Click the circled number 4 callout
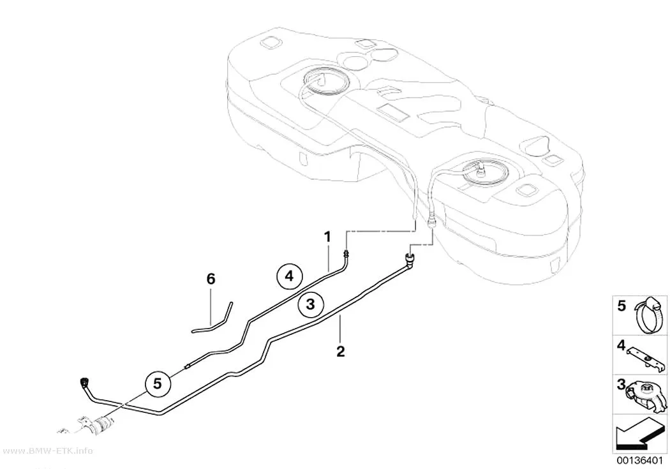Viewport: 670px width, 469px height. [x=289, y=276]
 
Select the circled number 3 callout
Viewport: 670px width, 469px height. [x=310, y=304]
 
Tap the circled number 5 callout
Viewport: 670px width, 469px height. [x=158, y=383]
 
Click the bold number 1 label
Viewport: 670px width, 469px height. [x=327, y=237]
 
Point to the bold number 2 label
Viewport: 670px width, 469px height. [x=340, y=352]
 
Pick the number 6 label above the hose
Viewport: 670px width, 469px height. [x=211, y=279]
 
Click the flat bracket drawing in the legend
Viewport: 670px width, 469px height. [x=645, y=358]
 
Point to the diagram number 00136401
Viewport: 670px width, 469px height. [x=640, y=461]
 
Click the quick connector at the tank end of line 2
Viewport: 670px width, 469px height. [x=408, y=258]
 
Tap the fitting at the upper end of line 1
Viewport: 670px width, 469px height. [x=346, y=254]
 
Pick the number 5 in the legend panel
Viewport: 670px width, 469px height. [x=622, y=306]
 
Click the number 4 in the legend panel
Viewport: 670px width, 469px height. [x=621, y=345]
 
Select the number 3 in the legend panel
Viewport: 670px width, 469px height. [x=621, y=384]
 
